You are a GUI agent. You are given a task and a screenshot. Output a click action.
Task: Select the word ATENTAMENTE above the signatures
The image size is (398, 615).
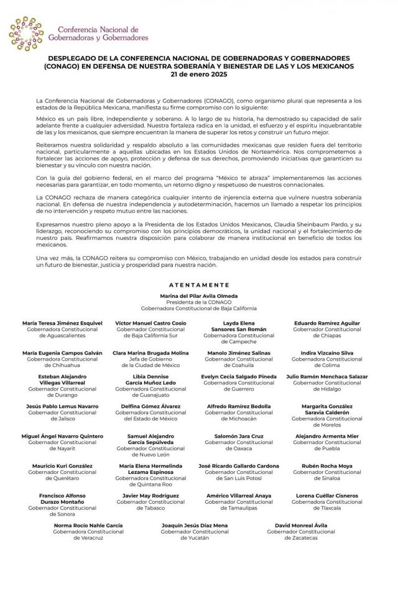click(198, 284)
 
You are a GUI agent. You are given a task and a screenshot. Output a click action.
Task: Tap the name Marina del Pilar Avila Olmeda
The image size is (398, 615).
click(198, 295)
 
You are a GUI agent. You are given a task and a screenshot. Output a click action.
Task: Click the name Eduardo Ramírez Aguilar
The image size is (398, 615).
click(326, 324)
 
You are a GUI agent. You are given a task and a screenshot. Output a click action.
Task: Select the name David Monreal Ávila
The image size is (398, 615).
click(300, 525)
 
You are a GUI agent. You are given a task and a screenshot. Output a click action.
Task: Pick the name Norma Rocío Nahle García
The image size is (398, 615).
click(89, 525)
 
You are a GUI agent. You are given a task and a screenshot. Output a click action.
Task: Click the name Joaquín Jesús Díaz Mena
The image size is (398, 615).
click(195, 525)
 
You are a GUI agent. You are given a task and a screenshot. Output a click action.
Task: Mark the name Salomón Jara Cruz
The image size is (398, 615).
click(239, 436)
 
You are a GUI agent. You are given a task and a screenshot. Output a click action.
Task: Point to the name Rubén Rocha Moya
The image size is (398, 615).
click(326, 465)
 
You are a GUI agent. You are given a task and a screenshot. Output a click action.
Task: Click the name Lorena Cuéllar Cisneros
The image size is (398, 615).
click(327, 495)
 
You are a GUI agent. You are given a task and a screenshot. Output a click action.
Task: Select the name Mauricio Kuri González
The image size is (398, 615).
click(62, 465)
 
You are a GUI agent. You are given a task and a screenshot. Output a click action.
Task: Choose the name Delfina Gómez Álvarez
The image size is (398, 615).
click(150, 406)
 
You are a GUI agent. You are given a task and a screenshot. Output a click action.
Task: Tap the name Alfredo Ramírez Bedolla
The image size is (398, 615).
click(239, 406)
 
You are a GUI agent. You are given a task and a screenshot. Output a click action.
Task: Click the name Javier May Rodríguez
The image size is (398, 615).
click(150, 495)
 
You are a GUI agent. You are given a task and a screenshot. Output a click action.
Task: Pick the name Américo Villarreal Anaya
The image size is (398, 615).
click(239, 495)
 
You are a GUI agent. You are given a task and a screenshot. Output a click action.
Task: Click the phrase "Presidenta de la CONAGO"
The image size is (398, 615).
click(198, 302)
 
